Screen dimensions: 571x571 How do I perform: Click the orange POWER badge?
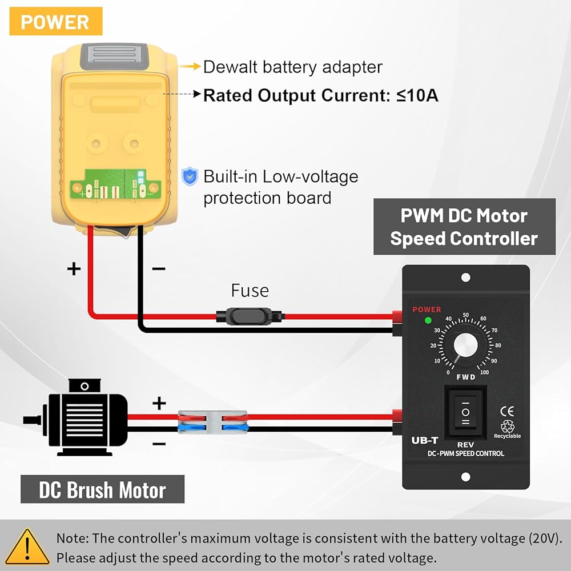tap(55, 22)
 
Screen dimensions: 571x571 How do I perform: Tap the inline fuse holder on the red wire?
tap(249, 315)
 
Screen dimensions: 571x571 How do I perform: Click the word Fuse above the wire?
tap(250, 291)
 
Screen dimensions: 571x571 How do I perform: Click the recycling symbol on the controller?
tap(507, 427)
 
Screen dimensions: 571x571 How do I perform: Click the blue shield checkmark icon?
tap(189, 176)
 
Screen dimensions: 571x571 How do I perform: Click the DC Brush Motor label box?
tap(102, 490)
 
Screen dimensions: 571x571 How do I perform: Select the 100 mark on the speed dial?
tap(484, 372)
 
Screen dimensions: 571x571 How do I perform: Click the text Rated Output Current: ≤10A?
tap(320, 95)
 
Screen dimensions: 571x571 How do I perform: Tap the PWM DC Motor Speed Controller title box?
tap(464, 227)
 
